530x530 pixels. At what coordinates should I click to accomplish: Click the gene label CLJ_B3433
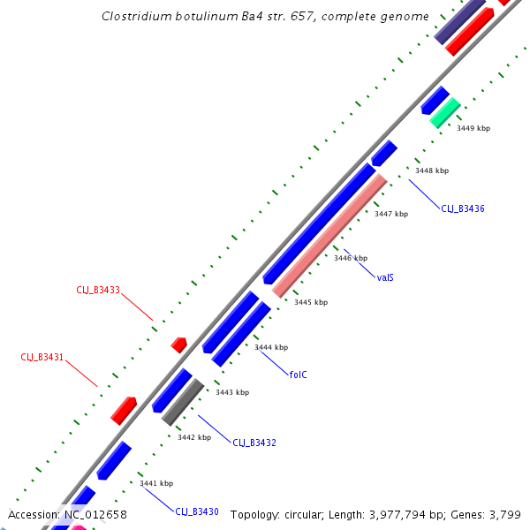pos(97,289)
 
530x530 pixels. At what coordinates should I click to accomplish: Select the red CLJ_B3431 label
pos(42,357)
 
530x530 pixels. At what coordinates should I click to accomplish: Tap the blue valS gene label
pos(385,277)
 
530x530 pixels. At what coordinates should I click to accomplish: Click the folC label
pos(299,375)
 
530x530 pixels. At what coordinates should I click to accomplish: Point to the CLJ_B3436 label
pos(463,208)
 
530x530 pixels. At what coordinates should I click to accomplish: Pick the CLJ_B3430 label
pos(196,511)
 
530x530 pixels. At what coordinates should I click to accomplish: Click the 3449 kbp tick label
pos(473,128)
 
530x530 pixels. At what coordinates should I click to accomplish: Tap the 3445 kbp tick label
pos(310,302)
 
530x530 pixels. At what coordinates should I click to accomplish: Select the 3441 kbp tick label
pos(156,483)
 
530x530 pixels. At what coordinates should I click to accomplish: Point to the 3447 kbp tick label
pos(391,214)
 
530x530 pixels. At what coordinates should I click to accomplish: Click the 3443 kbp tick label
pos(232,392)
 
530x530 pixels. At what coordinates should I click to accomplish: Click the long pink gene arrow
pos(329,235)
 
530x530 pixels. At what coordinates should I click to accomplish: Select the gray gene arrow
pos(183,403)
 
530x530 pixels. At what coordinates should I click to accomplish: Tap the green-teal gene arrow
pos(445,112)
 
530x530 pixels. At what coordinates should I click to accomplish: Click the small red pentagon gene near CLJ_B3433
pos(179,344)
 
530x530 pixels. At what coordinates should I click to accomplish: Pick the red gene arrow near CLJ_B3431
pos(124,410)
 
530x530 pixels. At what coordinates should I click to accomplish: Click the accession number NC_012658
pos(95,514)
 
